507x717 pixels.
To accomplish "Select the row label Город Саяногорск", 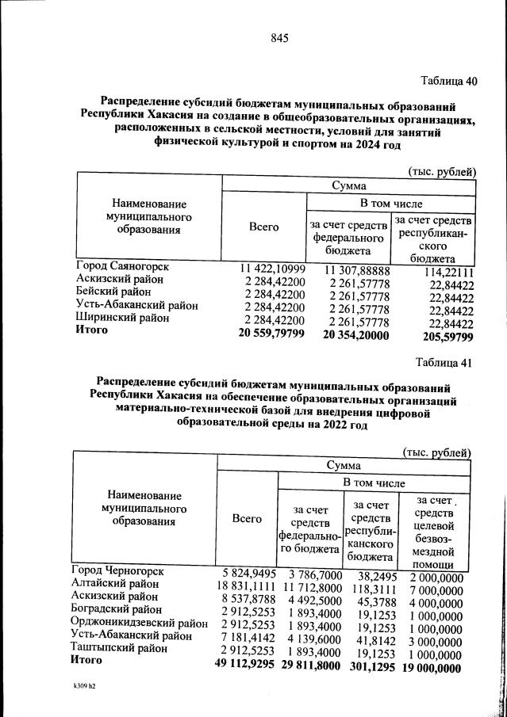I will point(122,267).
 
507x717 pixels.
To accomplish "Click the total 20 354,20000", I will point(356,335).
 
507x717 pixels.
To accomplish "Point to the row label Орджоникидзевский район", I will point(139,623).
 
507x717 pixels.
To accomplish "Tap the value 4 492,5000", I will point(312,598).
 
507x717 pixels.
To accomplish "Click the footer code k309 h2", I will point(86,699).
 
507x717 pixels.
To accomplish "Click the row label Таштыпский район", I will point(117,648).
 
